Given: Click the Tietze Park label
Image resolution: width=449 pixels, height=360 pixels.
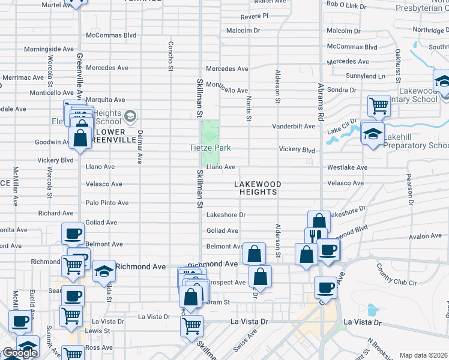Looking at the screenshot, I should pos(211,148).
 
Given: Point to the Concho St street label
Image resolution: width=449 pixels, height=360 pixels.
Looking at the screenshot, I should pos(170,56).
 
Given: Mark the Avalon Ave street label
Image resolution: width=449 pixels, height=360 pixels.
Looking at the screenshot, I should pos(409,236).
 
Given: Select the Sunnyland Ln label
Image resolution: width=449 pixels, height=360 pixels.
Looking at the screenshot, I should pos(366,76).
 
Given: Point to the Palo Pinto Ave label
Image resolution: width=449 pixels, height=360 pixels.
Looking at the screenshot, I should pos(107,203).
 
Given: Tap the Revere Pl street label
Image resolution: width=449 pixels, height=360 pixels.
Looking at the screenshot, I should pos(254,16).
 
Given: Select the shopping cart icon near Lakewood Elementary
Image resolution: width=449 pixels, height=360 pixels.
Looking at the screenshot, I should pos(379,106).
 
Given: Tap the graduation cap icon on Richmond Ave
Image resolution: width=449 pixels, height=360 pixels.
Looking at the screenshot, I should pos(104,271).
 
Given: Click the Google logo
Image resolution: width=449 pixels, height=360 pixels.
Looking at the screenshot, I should pos(20,353).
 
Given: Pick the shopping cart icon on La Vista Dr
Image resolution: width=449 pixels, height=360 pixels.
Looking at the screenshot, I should pos(191,326).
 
